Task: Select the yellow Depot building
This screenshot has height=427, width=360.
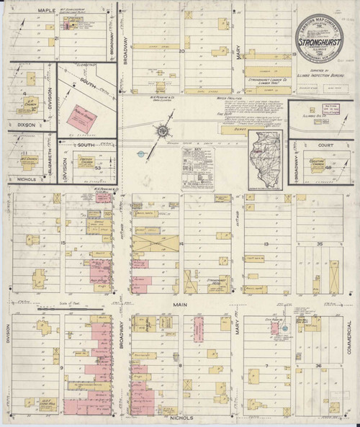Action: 233,132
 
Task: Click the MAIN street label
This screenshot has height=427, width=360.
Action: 179,305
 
